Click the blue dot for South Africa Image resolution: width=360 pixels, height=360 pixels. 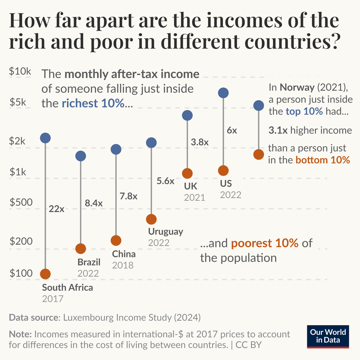(45, 138)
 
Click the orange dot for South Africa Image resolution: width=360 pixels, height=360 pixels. (45, 274)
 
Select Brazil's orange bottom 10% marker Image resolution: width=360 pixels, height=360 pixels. (81, 248)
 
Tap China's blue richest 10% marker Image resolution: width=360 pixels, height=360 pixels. (116, 149)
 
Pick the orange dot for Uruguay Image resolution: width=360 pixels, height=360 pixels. (151, 219)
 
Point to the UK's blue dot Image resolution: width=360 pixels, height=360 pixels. (187, 115)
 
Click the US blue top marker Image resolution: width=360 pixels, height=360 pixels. (223, 93)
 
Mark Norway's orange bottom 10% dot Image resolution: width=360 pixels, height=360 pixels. (259, 154)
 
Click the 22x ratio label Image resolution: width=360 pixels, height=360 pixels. (56, 209)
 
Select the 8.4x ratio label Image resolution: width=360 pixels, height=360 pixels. (94, 203)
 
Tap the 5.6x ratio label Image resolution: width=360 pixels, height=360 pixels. (165, 181)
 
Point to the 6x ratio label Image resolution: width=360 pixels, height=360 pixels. (232, 130)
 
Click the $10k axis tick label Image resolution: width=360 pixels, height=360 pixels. (20, 71)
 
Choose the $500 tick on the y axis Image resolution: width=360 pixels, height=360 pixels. (21, 202)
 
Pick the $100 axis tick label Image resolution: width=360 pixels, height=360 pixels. (21, 273)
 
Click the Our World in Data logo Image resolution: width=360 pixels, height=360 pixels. (328, 337)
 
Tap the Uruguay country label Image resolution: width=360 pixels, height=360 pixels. (165, 232)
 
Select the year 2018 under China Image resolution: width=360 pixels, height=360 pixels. (123, 265)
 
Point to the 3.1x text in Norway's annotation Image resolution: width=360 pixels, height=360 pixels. (278, 130)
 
